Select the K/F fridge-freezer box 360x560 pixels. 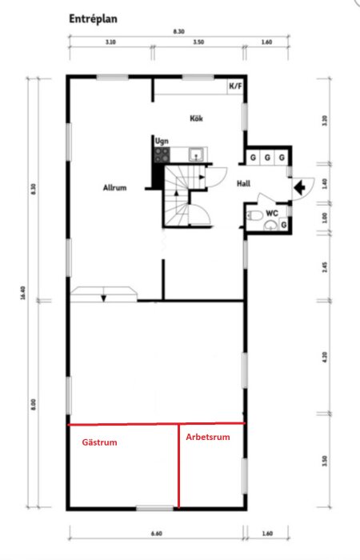click(236, 86)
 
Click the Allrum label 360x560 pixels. click(115, 188)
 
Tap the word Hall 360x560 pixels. click(244, 183)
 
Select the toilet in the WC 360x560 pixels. click(255, 215)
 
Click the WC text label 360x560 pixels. click(271, 213)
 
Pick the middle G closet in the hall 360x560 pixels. click(268, 157)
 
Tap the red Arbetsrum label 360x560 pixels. click(208, 437)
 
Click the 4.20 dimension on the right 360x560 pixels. click(325, 358)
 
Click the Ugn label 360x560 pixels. click(162, 139)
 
